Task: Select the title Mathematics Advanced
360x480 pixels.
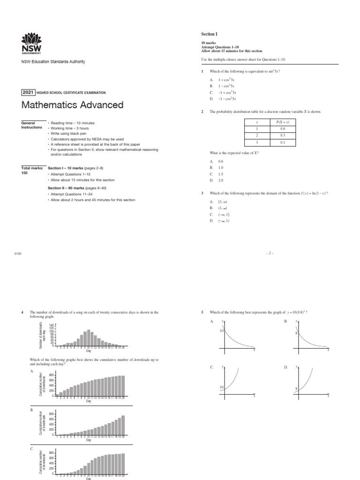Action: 72,105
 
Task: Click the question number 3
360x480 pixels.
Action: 202,193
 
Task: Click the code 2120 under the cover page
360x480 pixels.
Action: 18,253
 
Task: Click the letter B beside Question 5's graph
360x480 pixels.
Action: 285,322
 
